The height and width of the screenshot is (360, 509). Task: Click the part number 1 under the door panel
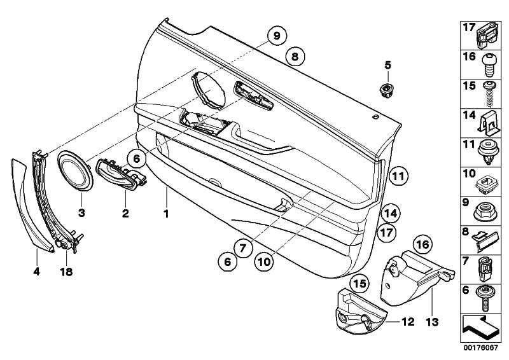click(166, 214)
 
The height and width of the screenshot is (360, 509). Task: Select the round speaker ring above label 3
click(76, 170)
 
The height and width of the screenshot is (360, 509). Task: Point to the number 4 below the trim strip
click(37, 272)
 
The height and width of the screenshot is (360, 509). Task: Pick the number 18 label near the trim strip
click(66, 272)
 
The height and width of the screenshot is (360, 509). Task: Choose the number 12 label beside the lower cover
click(408, 322)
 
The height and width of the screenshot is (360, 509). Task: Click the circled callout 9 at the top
click(277, 36)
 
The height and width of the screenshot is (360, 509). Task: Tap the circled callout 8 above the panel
click(294, 57)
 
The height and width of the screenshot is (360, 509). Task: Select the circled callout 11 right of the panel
click(398, 176)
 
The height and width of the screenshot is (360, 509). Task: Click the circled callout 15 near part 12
click(359, 282)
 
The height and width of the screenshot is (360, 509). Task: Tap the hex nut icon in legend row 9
click(486, 207)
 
